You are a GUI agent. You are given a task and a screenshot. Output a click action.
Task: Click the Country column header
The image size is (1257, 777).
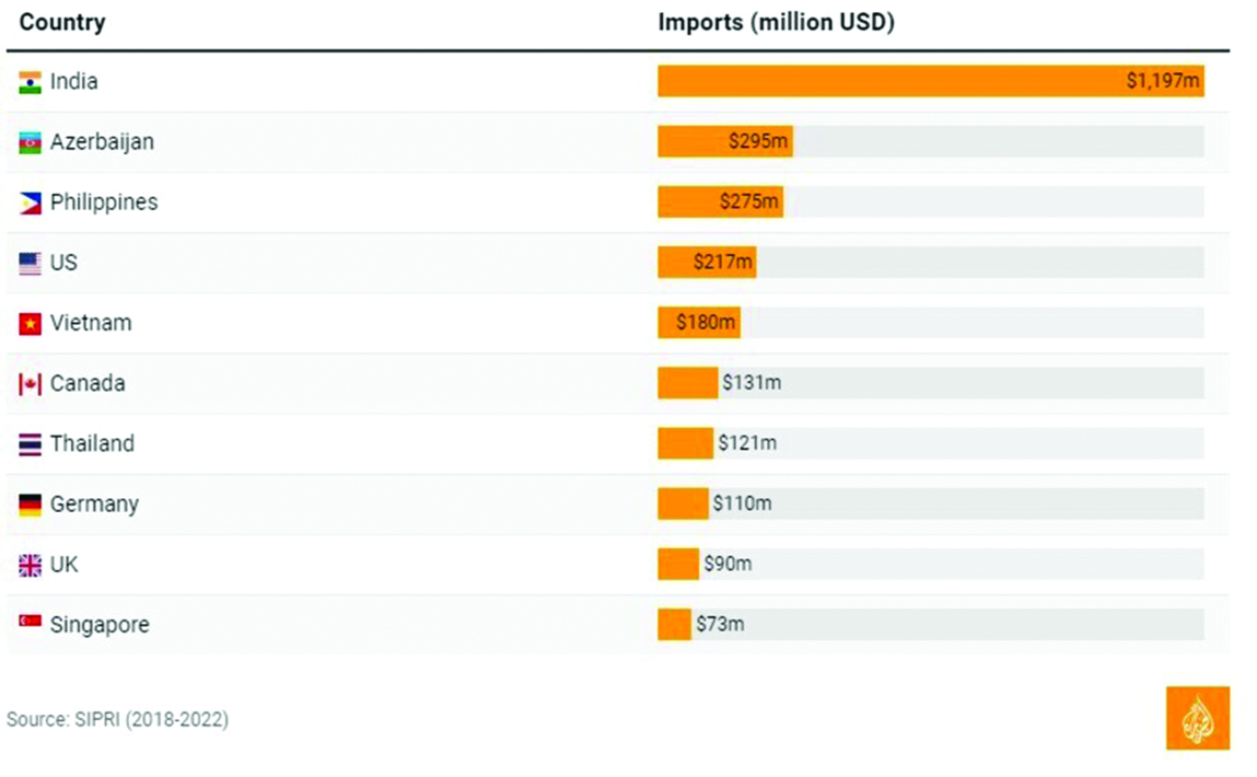click(x=62, y=22)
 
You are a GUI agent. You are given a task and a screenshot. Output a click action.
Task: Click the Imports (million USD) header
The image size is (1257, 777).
click(x=776, y=22)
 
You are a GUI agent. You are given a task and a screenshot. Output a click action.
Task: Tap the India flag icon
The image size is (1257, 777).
click(x=30, y=82)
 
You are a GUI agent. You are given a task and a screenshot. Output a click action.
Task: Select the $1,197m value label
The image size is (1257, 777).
click(x=1162, y=81)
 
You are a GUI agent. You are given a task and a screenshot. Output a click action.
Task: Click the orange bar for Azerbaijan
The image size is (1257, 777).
click(x=692, y=141)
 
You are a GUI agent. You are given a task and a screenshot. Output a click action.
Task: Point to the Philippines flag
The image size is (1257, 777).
click(x=30, y=203)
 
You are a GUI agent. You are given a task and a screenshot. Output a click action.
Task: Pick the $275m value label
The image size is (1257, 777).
click(x=749, y=202)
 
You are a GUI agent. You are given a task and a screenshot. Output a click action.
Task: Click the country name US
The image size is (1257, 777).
click(x=63, y=263)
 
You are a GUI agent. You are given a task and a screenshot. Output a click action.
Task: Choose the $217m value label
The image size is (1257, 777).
click(x=722, y=262)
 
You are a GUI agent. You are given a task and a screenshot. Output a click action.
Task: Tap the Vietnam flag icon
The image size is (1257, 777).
click(x=30, y=323)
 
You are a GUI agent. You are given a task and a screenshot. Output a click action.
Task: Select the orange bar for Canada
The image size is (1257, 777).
click(x=687, y=383)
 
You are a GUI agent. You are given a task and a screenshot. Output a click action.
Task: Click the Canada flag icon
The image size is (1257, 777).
click(x=30, y=384)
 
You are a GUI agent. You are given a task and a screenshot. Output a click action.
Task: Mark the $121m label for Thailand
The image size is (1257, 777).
click(x=747, y=443)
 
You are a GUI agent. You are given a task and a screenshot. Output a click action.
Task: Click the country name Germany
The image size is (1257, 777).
click(x=94, y=504)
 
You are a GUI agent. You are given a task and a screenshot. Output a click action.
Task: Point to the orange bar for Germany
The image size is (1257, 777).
click(x=683, y=504)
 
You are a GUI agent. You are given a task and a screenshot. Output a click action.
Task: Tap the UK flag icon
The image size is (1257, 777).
click(x=30, y=565)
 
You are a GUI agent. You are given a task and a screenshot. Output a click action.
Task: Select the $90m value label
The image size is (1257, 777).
click(x=727, y=564)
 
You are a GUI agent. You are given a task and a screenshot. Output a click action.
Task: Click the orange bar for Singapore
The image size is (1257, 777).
click(x=674, y=624)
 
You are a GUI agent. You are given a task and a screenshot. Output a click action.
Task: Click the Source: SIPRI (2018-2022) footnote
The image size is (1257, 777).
click(x=118, y=720)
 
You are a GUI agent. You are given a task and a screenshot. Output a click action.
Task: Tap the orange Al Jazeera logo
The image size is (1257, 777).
click(x=1197, y=718)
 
